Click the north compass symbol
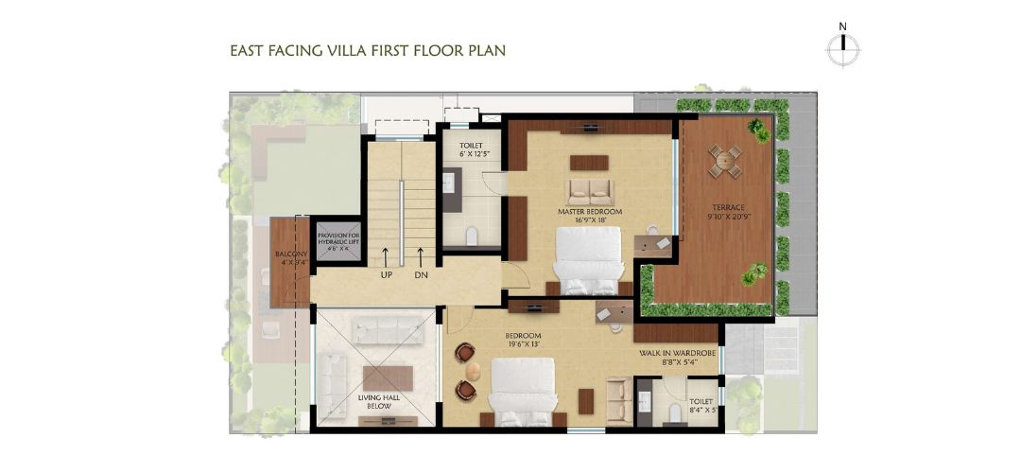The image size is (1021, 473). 841,48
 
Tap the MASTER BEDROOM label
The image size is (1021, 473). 590,212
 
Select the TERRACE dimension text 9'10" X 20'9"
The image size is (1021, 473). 729,216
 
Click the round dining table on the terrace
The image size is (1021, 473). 725,160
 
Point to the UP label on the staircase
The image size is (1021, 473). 386,275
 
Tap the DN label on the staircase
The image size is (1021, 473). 421,275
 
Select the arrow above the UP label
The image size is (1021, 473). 386,254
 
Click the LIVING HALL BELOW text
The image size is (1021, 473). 378,402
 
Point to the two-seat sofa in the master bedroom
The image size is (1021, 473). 589,192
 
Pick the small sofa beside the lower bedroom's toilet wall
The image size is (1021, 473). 619,397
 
